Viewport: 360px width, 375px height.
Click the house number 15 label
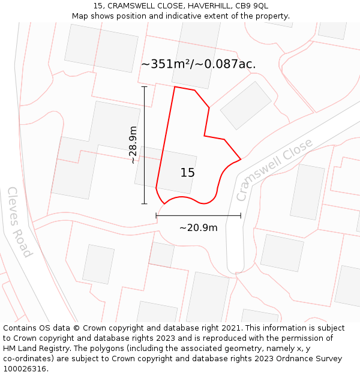pyautogui.click(x=188, y=173)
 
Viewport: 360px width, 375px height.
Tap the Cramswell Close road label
pyautogui.click(x=274, y=170)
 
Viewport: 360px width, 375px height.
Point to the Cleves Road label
pyautogui.click(x=19, y=222)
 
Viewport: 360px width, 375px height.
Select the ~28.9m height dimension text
pyautogui.click(x=133, y=145)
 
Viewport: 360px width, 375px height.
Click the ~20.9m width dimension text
pyautogui.click(x=198, y=228)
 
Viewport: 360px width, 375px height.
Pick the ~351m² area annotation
pyautogui.click(x=198, y=64)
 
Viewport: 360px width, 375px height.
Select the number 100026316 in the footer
pyautogui.click(x=24, y=369)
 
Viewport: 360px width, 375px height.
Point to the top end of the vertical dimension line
pyautogui.click(x=144, y=86)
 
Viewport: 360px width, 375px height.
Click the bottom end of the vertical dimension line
pyautogui.click(x=144, y=204)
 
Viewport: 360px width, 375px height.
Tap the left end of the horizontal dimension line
pyautogui.click(x=156, y=215)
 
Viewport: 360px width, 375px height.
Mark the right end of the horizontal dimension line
pyautogui.click(x=241, y=215)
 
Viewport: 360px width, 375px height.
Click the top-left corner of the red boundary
pyautogui.click(x=175, y=87)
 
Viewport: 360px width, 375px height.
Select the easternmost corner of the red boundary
pyautogui.click(x=241, y=159)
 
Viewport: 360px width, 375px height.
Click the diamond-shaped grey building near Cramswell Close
pyautogui.click(x=246, y=106)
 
